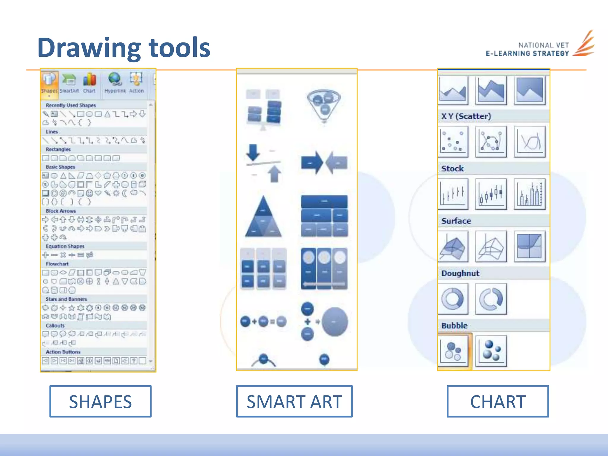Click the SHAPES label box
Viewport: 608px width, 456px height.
pyautogui.click(x=100, y=401)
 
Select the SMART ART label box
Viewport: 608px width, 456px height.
pyautogui.click(x=294, y=401)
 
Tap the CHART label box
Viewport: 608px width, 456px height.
pyautogui.click(x=498, y=401)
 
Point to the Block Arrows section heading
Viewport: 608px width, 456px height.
pyautogui.click(x=61, y=211)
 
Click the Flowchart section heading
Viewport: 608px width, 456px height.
pyautogui.click(x=57, y=264)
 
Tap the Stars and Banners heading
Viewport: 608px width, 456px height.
pyautogui.click(x=66, y=299)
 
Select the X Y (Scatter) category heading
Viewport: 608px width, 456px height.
pyautogui.click(x=466, y=116)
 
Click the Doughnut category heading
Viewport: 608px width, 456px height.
pyautogui.click(x=460, y=273)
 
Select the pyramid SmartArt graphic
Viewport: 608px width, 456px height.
pyautogui.click(x=263, y=217)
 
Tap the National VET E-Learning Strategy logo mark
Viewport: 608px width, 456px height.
pyautogui.click(x=584, y=44)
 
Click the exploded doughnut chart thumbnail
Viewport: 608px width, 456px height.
pyautogui.click(x=491, y=299)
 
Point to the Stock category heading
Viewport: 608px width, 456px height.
pyautogui.click(x=452, y=169)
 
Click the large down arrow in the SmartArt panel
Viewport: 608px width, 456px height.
pyautogui.click(x=253, y=152)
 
